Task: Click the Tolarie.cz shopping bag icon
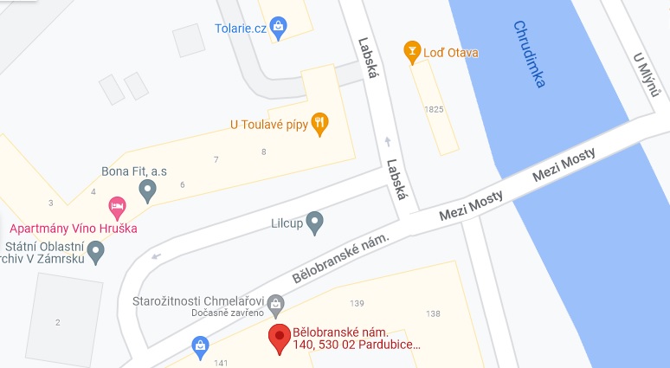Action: (277, 27)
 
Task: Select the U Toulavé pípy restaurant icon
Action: (319, 123)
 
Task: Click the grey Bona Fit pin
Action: (148, 190)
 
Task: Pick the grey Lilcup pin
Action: (315, 223)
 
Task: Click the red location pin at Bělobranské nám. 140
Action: (279, 339)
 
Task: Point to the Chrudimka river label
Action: (529, 55)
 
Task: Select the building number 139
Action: (356, 303)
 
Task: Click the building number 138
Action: (434, 313)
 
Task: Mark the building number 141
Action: (221, 362)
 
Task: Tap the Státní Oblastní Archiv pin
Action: (97, 252)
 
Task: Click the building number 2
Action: (58, 322)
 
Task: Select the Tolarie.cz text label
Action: (240, 28)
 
